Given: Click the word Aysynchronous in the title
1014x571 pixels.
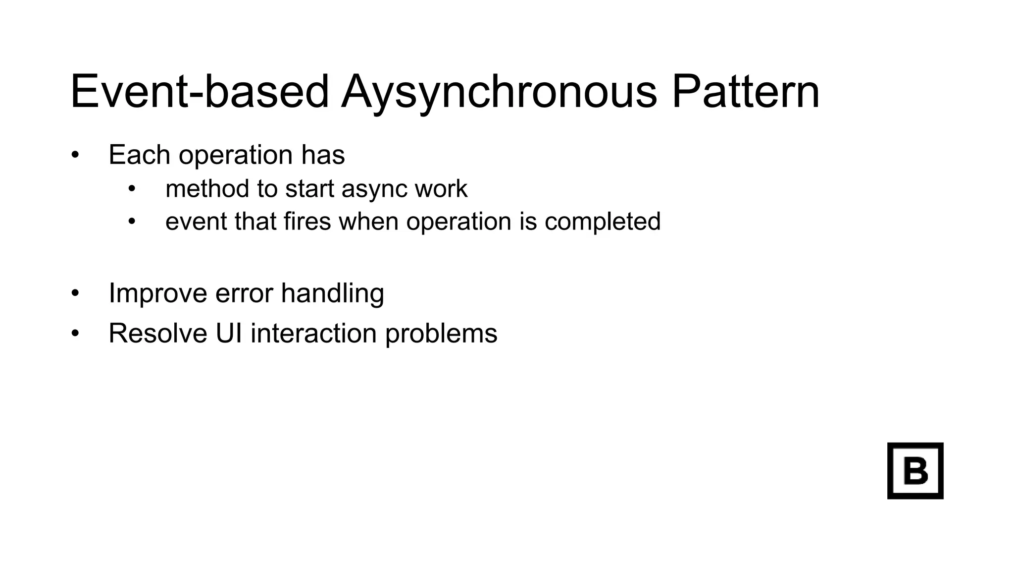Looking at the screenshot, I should point(499,92).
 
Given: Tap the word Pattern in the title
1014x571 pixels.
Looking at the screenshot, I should point(745,92).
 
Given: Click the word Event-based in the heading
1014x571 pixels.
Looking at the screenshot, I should point(199,92).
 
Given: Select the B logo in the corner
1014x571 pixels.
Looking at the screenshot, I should point(915,470).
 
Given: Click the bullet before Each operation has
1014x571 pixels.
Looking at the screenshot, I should point(75,155).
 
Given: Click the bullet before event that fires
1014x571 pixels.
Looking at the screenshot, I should point(131,222).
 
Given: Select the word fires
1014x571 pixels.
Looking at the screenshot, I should point(307,221).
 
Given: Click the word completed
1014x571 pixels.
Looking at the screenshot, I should point(602,222).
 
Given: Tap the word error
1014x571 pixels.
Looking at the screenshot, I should point(244,293).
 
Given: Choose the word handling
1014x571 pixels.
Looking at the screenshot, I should point(332,293).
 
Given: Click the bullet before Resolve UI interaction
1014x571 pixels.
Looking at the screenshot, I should point(75,333).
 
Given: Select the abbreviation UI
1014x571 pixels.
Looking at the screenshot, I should point(229,333).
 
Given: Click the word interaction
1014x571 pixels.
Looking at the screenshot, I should point(313,333).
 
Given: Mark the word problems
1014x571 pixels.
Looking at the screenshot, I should point(441,333).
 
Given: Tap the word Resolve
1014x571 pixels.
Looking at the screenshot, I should point(157,333).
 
